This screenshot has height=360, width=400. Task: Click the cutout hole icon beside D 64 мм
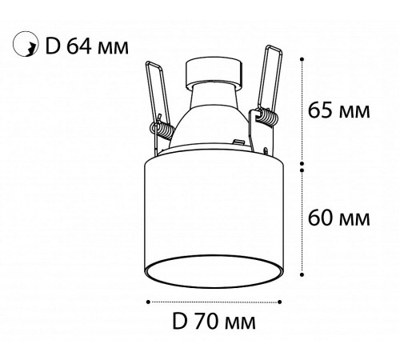[x=26, y=44]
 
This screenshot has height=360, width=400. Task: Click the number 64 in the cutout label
[x=79, y=46]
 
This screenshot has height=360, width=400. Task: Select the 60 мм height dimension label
[x=339, y=218]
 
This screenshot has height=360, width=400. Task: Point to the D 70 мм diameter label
[x=214, y=321]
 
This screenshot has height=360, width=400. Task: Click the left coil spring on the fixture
[x=163, y=130]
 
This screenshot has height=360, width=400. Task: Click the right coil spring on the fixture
[x=267, y=117]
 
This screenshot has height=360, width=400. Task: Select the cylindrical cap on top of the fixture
[x=214, y=72]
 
